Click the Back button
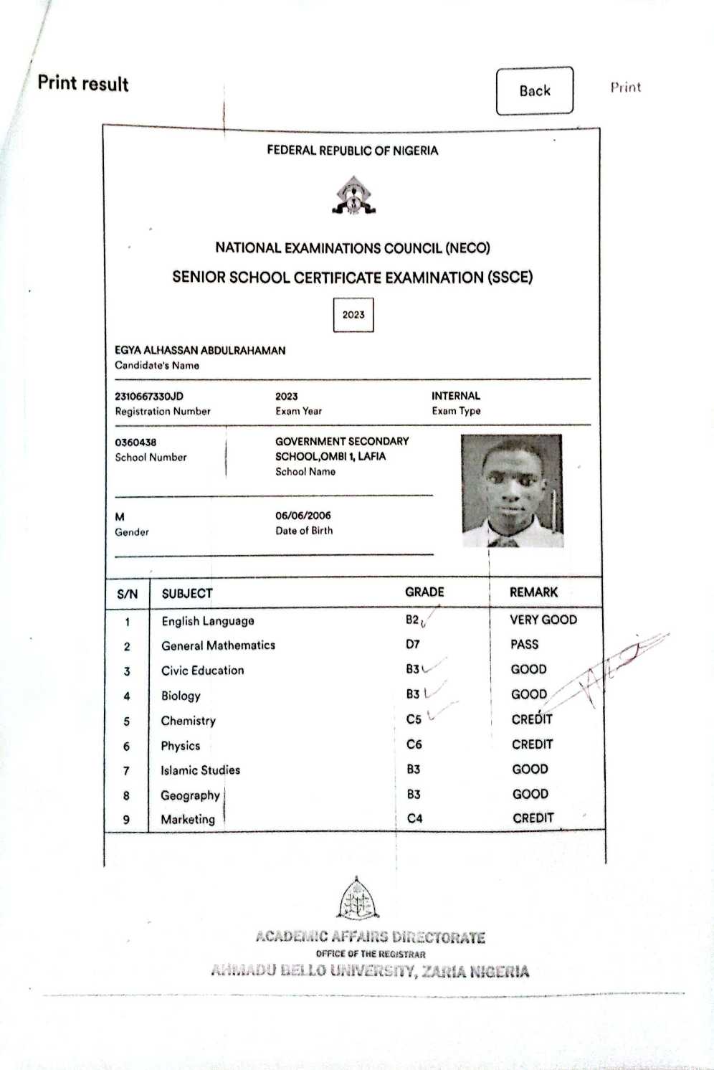[x=535, y=90]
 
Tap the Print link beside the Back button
[x=625, y=87]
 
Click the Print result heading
[x=83, y=83]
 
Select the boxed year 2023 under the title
[x=353, y=315]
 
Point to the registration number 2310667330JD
[x=149, y=396]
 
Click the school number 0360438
[x=135, y=442]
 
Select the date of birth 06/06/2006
[x=303, y=515]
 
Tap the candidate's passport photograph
[x=512, y=491]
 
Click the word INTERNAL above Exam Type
[x=456, y=396]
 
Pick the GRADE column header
[x=424, y=592]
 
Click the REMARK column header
[x=533, y=592]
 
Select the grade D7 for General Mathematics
[x=413, y=644]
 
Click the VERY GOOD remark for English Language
[x=543, y=620]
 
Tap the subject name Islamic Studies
[x=201, y=770]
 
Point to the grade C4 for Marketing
[x=414, y=818]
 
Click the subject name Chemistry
[x=189, y=721]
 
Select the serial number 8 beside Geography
[x=127, y=795]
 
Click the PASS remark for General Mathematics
[x=524, y=644]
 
